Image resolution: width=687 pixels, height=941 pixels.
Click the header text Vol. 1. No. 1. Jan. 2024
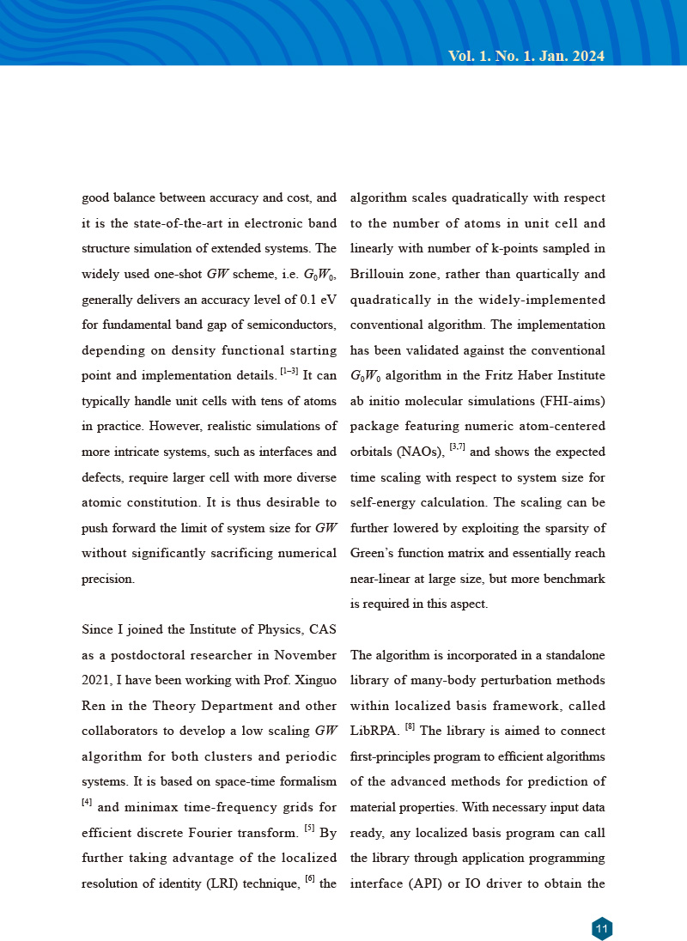526,57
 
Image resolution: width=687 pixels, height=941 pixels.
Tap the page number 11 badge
601,928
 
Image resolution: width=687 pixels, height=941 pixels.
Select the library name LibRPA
374,732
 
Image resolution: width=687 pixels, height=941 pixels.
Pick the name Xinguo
313,681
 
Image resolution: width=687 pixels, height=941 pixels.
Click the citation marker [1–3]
289,373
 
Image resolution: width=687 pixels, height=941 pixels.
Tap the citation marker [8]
410,727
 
